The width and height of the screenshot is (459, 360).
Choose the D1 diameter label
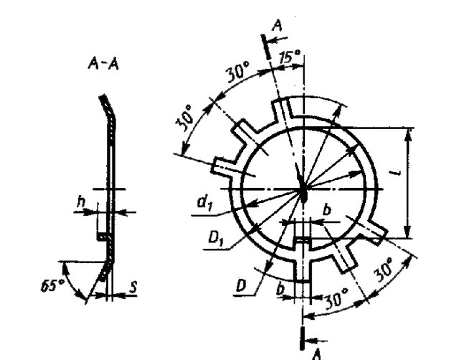tap(213, 237)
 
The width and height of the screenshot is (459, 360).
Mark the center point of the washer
tap(303, 191)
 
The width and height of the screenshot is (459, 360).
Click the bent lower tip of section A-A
tap(105, 273)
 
